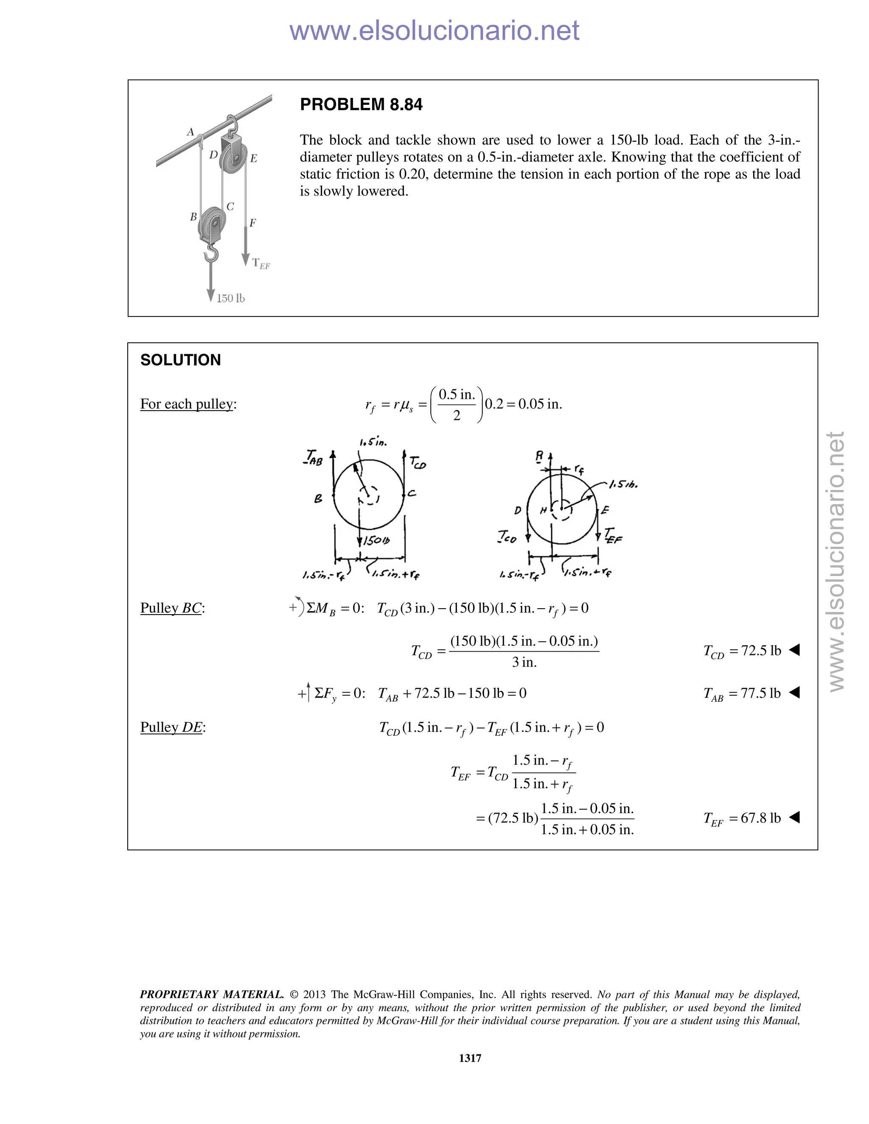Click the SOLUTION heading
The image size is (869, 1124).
point(180,360)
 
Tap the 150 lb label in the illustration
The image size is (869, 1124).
point(230,299)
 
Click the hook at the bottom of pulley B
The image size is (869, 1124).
point(211,252)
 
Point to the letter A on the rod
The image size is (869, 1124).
point(190,132)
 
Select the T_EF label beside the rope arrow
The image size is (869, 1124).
point(261,263)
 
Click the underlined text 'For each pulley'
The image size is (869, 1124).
point(187,404)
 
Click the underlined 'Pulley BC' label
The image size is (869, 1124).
point(171,608)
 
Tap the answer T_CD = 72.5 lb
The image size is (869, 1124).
point(742,651)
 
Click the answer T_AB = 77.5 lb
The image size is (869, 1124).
point(742,694)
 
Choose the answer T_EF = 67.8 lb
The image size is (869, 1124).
point(742,818)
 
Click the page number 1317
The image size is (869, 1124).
point(470,1058)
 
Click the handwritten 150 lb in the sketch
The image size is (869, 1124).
point(376,541)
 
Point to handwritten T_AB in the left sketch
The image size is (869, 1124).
point(314,457)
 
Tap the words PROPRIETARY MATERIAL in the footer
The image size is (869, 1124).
point(212,994)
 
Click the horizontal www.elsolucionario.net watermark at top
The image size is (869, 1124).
point(434,31)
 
